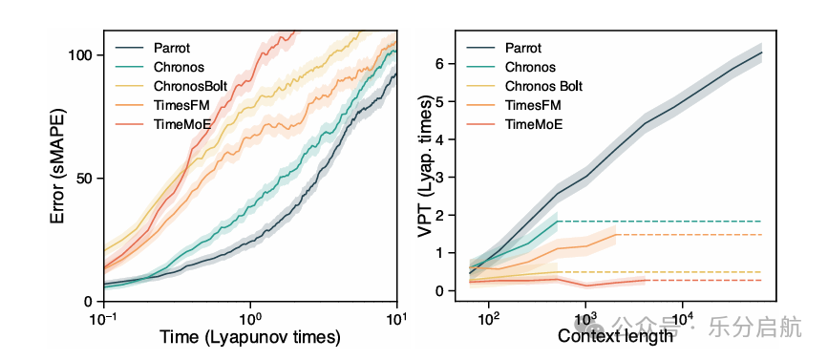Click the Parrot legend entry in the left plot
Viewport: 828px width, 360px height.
[x=172, y=48]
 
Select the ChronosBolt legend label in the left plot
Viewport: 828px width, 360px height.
[x=191, y=86]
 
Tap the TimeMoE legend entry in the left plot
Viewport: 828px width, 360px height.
[x=180, y=123]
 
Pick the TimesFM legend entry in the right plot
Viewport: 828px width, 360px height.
[x=533, y=106]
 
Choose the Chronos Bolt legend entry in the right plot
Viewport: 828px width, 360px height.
[x=544, y=86]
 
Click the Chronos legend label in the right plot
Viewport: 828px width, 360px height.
[x=530, y=67]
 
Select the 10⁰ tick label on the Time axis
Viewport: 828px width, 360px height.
[x=250, y=318]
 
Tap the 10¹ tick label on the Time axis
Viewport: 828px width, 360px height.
[x=396, y=318]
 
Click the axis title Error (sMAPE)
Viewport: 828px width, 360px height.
[x=59, y=166]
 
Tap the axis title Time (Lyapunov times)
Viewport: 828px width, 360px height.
[x=250, y=337]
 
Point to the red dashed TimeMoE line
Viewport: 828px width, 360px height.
[x=704, y=281]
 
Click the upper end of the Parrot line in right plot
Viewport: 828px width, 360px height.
[x=761, y=53]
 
